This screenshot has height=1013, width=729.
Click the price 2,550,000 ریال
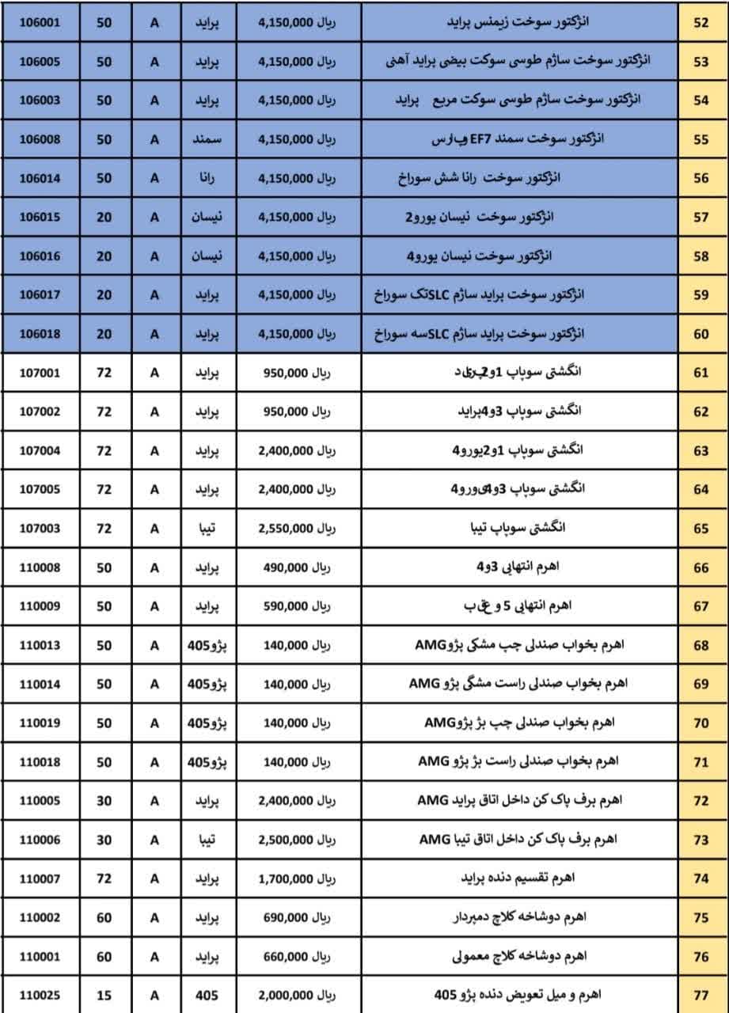point(297,528)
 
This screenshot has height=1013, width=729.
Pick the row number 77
point(701,995)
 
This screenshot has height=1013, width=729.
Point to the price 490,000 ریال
point(297,567)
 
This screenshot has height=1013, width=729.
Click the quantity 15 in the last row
point(104,995)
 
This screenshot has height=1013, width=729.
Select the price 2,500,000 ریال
point(297,839)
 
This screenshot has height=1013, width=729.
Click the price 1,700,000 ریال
point(297,878)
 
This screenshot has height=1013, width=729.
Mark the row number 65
point(701,528)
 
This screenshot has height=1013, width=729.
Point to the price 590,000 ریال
point(297,606)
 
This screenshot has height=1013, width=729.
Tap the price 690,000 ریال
point(297,917)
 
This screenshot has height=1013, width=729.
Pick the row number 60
point(701,334)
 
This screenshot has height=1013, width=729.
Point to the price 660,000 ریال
point(297,956)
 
